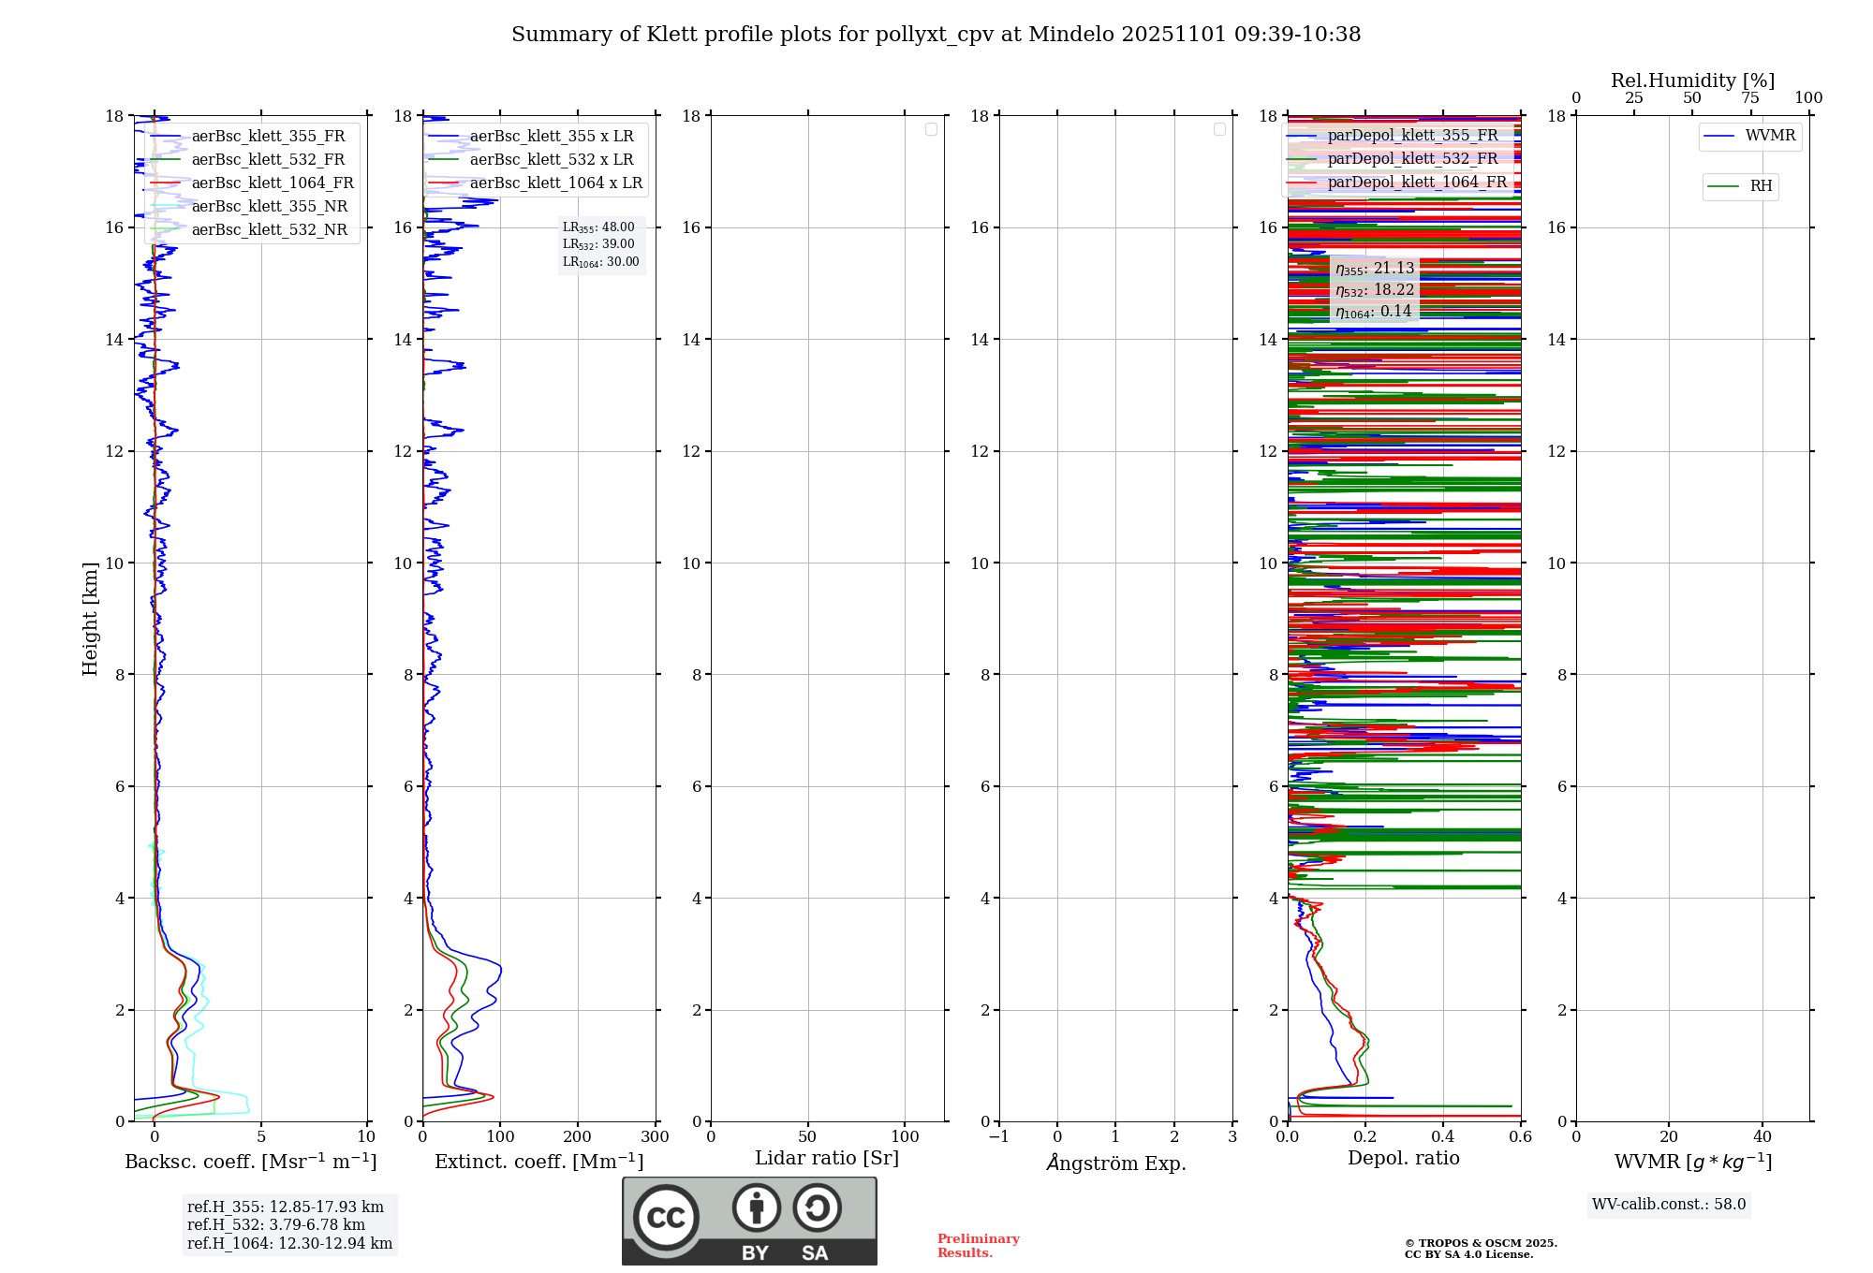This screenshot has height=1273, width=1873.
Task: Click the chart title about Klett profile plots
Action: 936,35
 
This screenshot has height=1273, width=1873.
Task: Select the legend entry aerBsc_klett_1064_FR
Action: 273,183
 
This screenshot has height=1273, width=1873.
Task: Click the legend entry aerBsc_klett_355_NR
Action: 269,207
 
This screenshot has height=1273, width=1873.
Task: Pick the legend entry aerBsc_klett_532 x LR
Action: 551,160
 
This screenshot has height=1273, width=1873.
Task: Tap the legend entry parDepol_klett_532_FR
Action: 1412,159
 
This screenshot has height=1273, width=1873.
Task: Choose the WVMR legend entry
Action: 1770,136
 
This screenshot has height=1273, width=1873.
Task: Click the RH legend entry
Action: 1761,186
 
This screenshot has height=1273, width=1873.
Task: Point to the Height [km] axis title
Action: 90,619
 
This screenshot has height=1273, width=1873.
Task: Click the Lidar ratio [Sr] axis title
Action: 827,1159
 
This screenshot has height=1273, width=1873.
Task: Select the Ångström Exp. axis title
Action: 1115,1163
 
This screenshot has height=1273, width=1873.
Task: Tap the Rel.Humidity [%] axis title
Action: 1692,80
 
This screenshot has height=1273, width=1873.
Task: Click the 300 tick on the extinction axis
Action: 655,1137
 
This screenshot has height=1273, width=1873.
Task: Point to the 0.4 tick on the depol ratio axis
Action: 1442,1137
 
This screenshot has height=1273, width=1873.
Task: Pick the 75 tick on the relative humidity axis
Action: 1749,98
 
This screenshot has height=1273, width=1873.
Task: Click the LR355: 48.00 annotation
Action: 598,227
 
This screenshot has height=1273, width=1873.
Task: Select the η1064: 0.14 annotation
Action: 1374,312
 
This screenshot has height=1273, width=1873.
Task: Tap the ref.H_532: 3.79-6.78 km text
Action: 275,1225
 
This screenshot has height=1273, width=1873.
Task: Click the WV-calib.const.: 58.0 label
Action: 1669,1205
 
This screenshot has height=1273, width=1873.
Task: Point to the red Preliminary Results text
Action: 978,1246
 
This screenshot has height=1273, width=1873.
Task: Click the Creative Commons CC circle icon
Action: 666,1218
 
